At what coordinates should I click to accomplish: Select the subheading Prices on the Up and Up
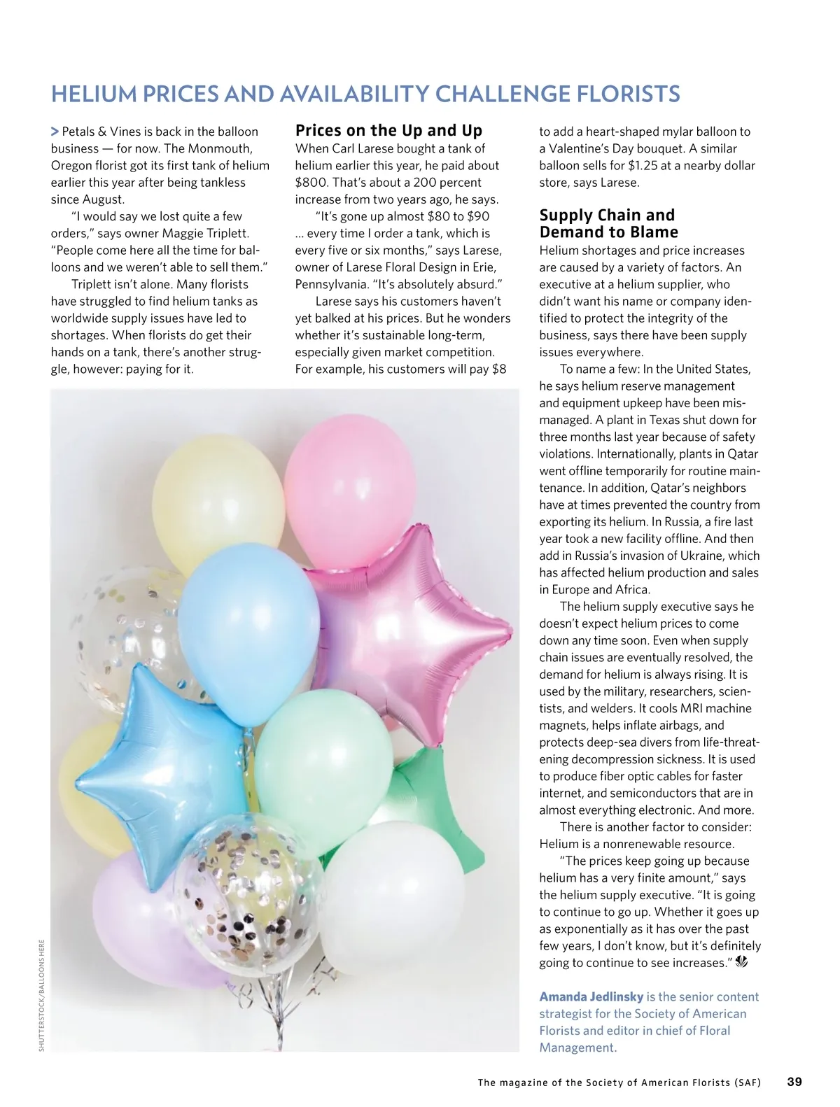pyautogui.click(x=388, y=131)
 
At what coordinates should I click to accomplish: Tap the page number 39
pyautogui.click(x=794, y=1082)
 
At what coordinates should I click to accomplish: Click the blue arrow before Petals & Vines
pyautogui.click(x=55, y=132)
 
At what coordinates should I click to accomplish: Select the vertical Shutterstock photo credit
pyautogui.click(x=41, y=994)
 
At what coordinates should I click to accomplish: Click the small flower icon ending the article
pyautogui.click(x=742, y=963)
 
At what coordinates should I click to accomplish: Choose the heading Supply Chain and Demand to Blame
pyautogui.click(x=608, y=224)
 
